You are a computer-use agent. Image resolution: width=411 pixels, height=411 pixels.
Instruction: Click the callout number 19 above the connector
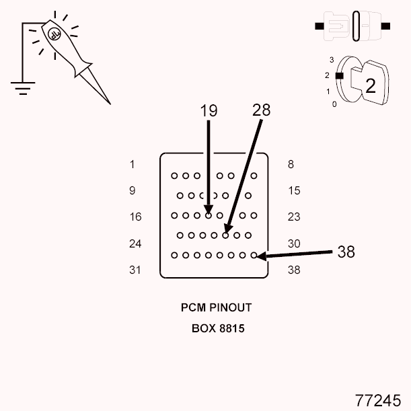point(209,112)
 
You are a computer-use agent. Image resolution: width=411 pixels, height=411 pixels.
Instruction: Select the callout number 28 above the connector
point(261,110)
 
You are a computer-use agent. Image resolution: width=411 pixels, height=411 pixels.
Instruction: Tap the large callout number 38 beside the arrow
point(346,252)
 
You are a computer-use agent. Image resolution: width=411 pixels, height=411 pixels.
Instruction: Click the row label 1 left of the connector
point(133,164)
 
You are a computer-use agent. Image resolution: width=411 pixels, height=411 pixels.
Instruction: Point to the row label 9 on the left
point(133,190)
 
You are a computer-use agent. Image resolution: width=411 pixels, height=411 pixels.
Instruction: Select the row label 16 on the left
point(135,217)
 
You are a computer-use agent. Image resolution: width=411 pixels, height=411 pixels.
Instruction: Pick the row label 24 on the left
point(135,244)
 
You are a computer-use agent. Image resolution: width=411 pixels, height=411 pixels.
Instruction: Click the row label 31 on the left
point(135,270)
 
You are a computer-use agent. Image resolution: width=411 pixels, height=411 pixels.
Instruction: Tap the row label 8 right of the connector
point(291,164)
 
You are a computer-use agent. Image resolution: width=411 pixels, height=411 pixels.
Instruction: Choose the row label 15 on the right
point(294,190)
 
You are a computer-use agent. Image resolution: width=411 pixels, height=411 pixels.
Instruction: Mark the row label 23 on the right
point(294,217)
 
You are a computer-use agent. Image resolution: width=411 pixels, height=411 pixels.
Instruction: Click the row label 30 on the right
point(294,244)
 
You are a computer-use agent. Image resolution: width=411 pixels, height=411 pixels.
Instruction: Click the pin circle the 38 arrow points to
point(254,256)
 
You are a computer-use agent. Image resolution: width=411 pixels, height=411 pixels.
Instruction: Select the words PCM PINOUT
point(216,307)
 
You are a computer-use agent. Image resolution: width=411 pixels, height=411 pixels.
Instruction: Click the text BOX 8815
point(216,330)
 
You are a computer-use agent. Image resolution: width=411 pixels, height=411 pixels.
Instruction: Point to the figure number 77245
point(377,399)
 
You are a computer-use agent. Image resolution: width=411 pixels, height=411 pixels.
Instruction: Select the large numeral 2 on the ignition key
point(370,85)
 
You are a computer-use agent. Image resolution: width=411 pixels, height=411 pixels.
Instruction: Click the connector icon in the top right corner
point(352,26)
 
